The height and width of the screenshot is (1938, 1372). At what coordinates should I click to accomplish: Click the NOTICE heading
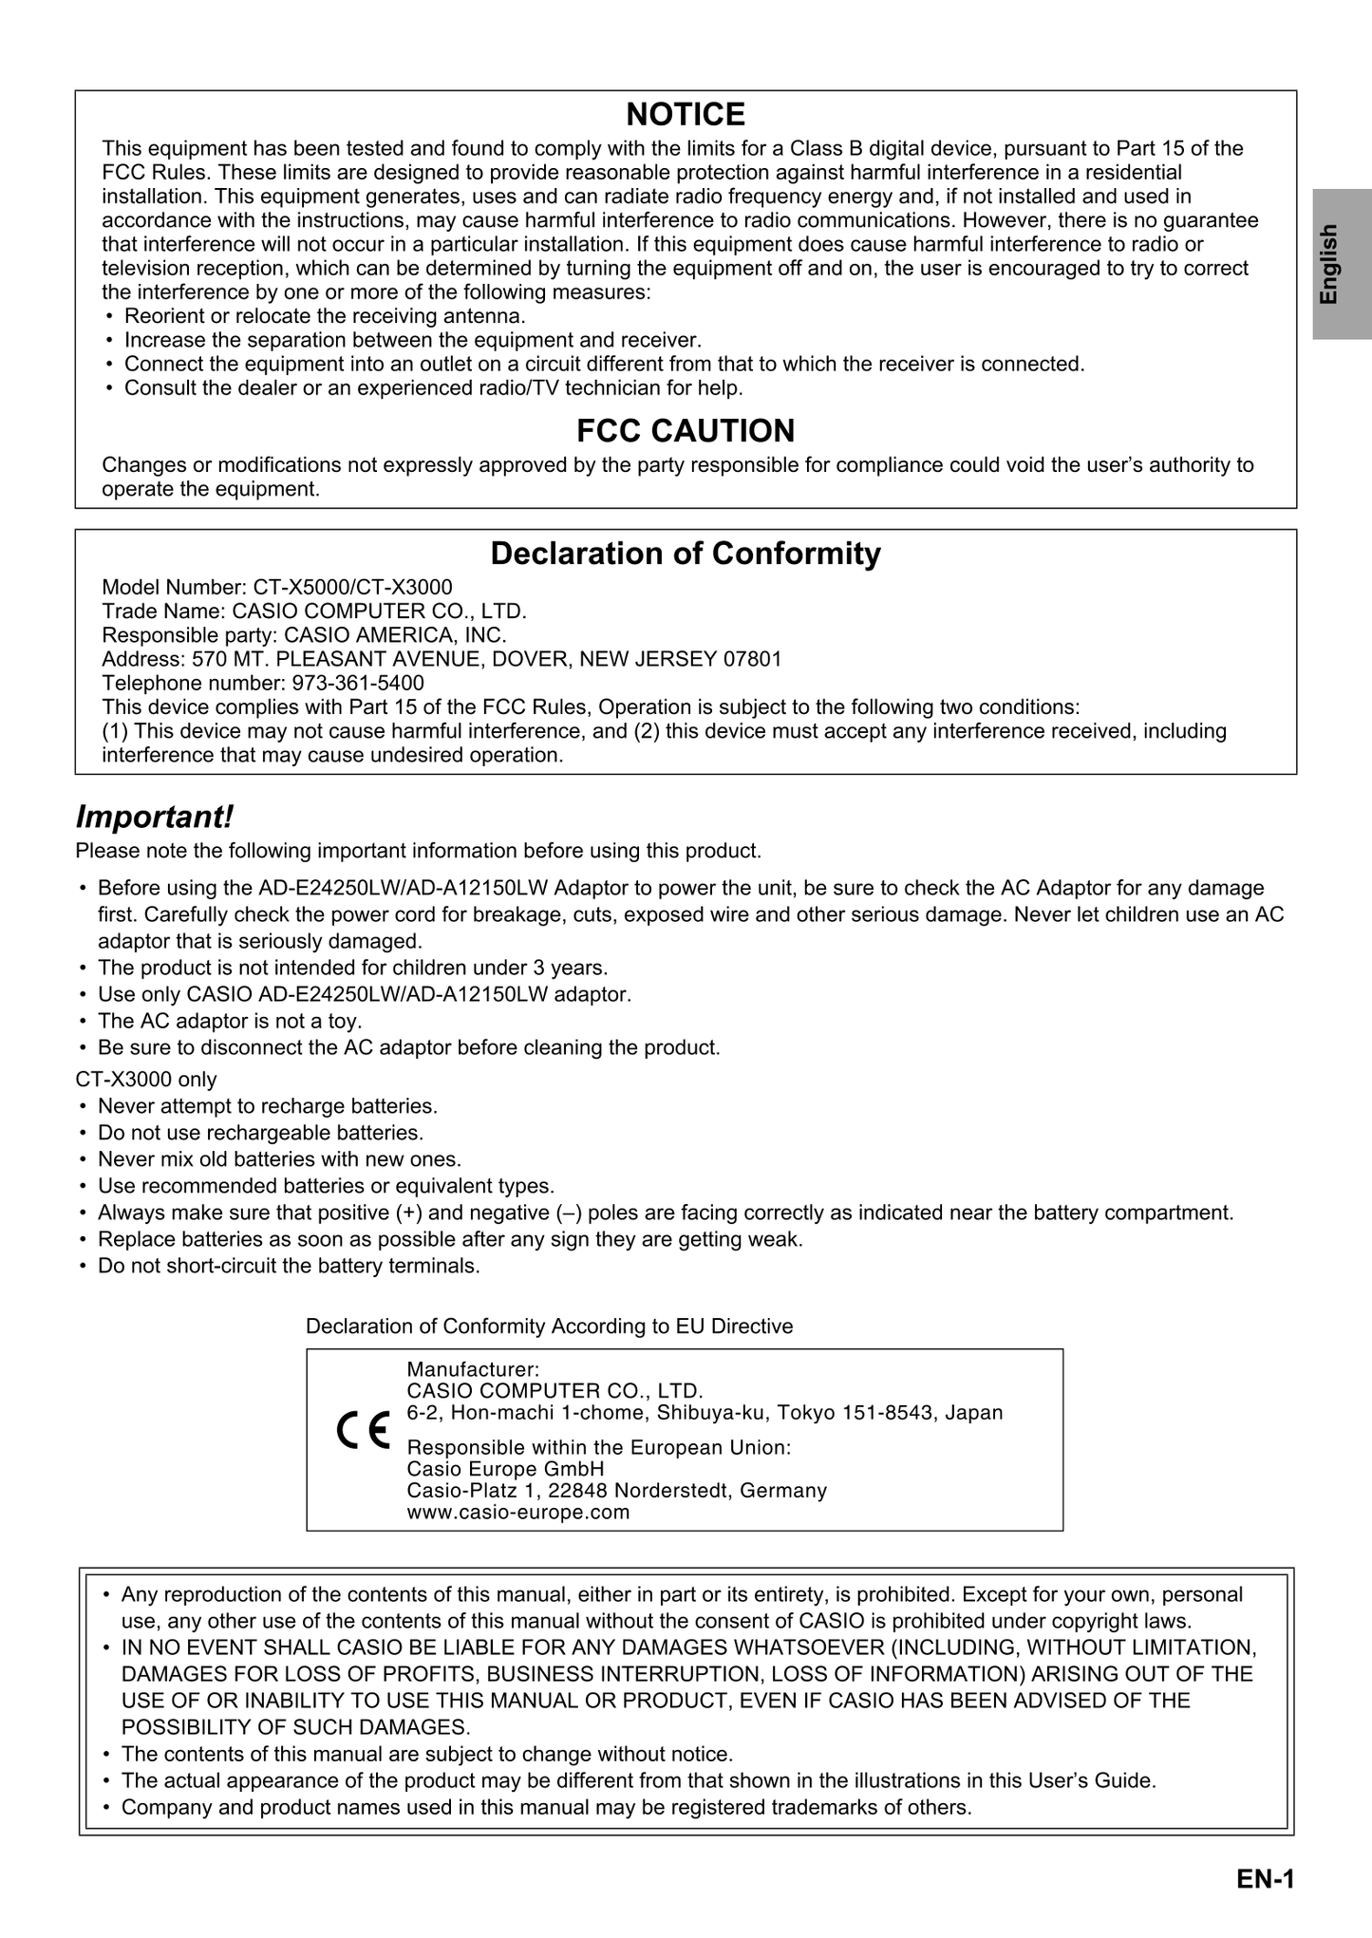coord(686,115)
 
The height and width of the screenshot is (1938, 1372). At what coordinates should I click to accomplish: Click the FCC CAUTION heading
coord(686,431)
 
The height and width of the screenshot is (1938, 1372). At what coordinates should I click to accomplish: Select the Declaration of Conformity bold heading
coord(686,554)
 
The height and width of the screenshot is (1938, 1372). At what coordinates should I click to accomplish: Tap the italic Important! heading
coord(154,817)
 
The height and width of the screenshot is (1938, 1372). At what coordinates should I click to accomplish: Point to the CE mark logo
coord(363,1431)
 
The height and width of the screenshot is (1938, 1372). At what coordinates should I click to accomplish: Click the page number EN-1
coord(1266,1879)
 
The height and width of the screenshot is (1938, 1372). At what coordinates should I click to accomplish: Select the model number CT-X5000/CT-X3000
coord(352,587)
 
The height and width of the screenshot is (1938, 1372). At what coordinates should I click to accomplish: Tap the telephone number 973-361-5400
coord(358,684)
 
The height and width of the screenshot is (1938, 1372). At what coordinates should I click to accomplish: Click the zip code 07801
coord(752,659)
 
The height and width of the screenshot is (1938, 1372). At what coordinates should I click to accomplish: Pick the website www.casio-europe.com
coord(517,1513)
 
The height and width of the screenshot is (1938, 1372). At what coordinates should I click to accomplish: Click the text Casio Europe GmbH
coord(505,1469)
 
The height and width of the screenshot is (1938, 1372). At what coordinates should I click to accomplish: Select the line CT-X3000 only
coord(146,1080)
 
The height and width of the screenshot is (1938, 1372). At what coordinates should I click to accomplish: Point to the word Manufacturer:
coord(473,1369)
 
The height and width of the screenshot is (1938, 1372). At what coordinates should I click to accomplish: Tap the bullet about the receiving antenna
coord(325,316)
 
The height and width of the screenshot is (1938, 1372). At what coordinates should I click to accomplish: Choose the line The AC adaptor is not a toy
coord(230,1022)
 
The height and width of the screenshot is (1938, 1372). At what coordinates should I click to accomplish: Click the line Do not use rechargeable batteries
coord(260,1133)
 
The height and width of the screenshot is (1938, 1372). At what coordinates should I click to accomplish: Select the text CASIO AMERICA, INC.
coord(396,634)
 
